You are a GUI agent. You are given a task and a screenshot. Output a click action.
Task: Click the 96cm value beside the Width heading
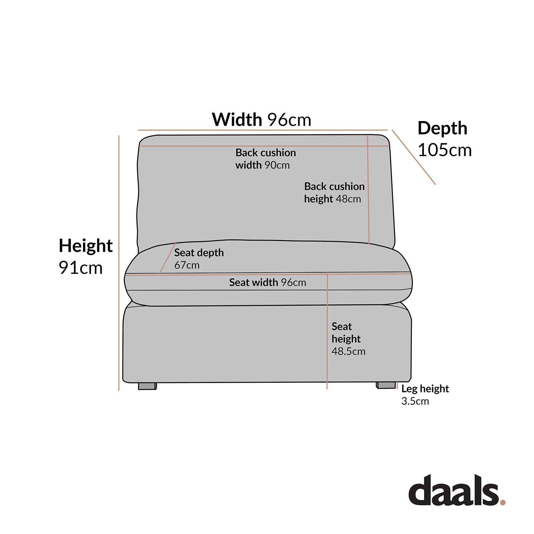tap(289, 120)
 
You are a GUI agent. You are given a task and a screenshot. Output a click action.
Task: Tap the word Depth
tap(442, 129)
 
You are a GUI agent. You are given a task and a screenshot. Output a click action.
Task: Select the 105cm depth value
tap(445, 150)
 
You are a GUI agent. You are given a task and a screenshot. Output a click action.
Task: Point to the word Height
tap(85, 246)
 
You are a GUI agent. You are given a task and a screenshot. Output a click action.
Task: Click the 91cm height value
tap(80, 268)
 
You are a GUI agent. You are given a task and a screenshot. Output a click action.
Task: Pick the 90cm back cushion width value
tap(277, 165)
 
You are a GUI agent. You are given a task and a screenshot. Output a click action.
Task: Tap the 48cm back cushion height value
tap(348, 199)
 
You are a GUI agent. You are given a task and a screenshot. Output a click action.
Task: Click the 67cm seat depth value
tap(187, 265)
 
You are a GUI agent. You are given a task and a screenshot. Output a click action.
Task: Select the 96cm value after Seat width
tap(293, 283)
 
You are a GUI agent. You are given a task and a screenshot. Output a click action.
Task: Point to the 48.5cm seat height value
tap(348, 351)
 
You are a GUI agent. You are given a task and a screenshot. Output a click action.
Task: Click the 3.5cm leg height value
tap(415, 401)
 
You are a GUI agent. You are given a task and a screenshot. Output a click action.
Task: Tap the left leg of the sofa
tap(147, 386)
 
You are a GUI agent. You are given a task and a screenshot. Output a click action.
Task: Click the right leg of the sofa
tap(386, 385)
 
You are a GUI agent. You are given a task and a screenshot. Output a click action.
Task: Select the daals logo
tap(454, 491)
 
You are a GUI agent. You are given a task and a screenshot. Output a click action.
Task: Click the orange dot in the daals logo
tap(503, 502)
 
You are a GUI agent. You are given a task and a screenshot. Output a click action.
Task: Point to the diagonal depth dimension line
tap(414, 157)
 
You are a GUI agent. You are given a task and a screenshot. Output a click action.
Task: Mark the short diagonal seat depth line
tap(167, 258)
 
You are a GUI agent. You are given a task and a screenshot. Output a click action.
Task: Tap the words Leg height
tap(425, 389)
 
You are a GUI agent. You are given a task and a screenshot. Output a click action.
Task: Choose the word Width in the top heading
tap(237, 120)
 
